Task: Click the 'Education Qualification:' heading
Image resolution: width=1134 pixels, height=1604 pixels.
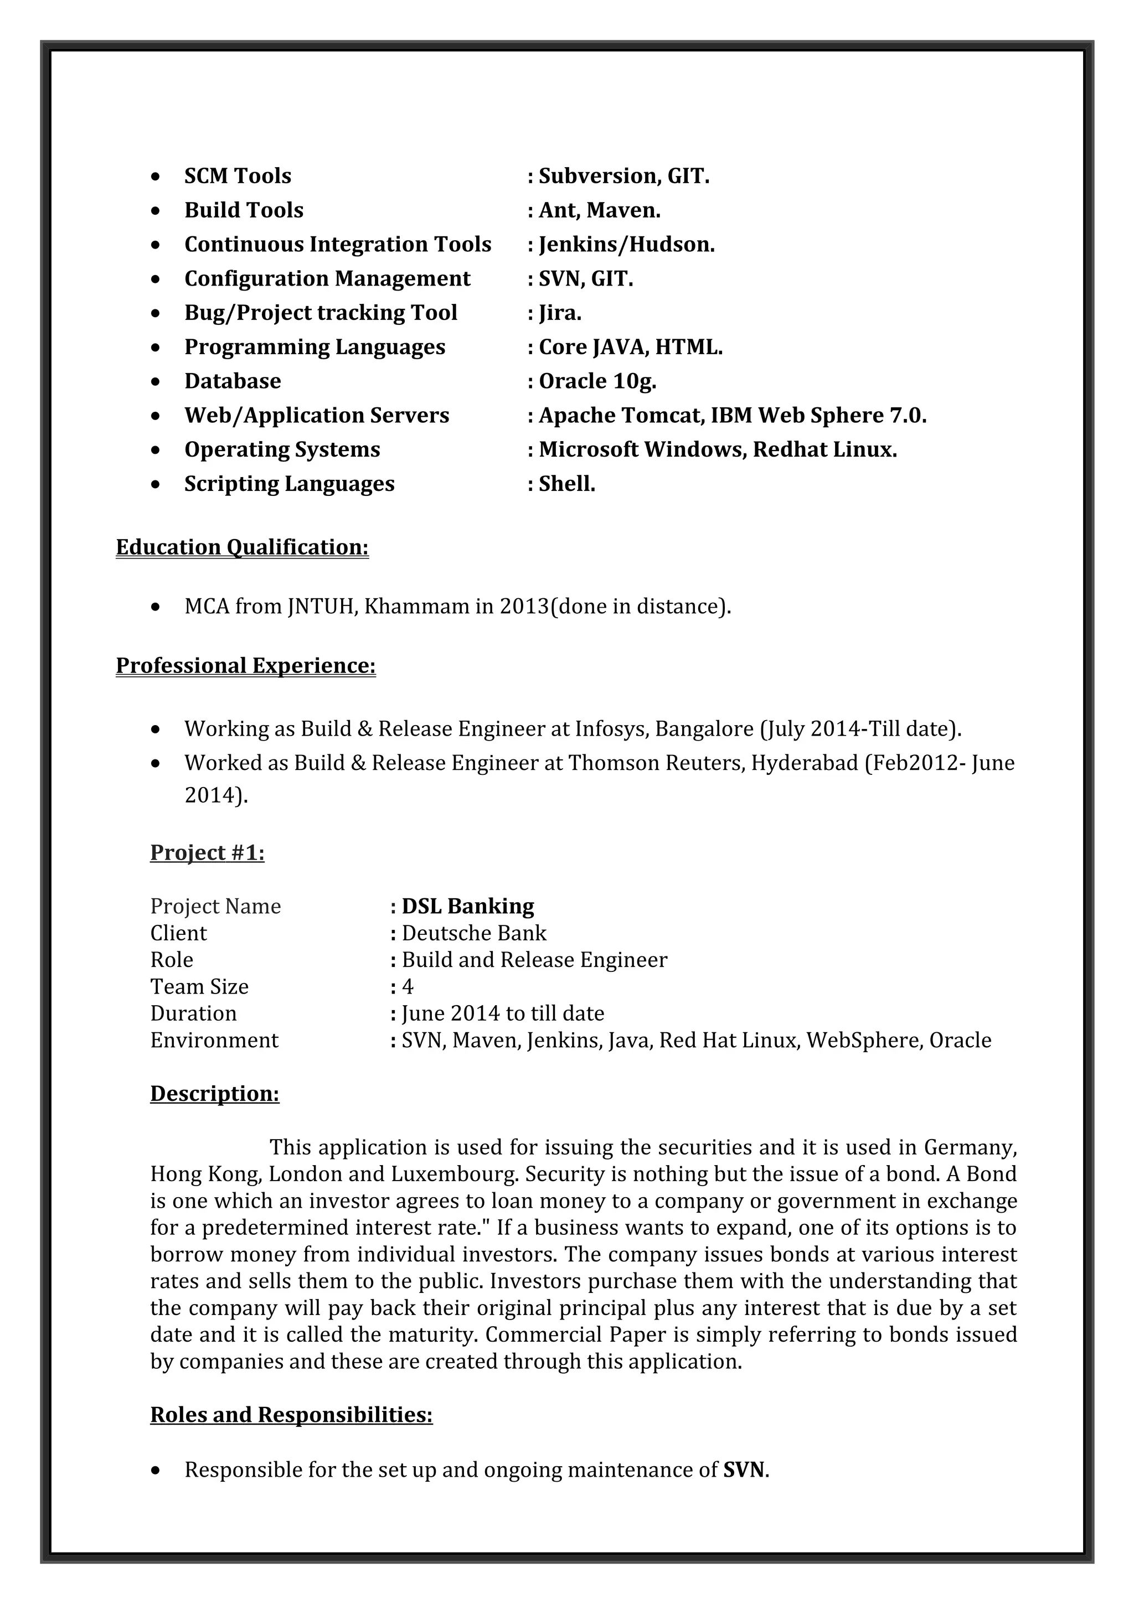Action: [242, 547]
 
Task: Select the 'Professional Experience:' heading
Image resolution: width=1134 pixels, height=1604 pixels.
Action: [245, 666]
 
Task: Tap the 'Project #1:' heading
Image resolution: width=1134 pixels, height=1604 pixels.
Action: [207, 852]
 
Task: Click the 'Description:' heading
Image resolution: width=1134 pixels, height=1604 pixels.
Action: [214, 1093]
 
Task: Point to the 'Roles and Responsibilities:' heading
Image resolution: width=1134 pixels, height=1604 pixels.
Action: [291, 1415]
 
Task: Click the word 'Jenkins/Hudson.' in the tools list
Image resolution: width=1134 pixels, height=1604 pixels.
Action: [627, 245]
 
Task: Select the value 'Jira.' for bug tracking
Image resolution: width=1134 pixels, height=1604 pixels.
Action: [560, 313]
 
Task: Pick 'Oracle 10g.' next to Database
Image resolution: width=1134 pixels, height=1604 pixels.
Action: [597, 381]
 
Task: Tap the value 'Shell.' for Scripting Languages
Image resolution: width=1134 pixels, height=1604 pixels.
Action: [566, 484]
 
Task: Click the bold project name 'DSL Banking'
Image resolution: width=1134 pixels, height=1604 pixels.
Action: [467, 906]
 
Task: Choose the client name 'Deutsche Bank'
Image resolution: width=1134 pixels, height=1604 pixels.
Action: [474, 933]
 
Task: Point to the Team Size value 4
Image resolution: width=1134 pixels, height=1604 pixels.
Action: [408, 986]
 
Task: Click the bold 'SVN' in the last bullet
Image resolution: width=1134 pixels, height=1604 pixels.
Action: [744, 1470]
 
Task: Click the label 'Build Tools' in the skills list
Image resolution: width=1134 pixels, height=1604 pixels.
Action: [244, 210]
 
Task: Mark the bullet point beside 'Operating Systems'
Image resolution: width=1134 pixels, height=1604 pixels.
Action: [155, 451]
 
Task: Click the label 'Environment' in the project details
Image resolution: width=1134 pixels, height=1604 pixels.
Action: [214, 1040]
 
